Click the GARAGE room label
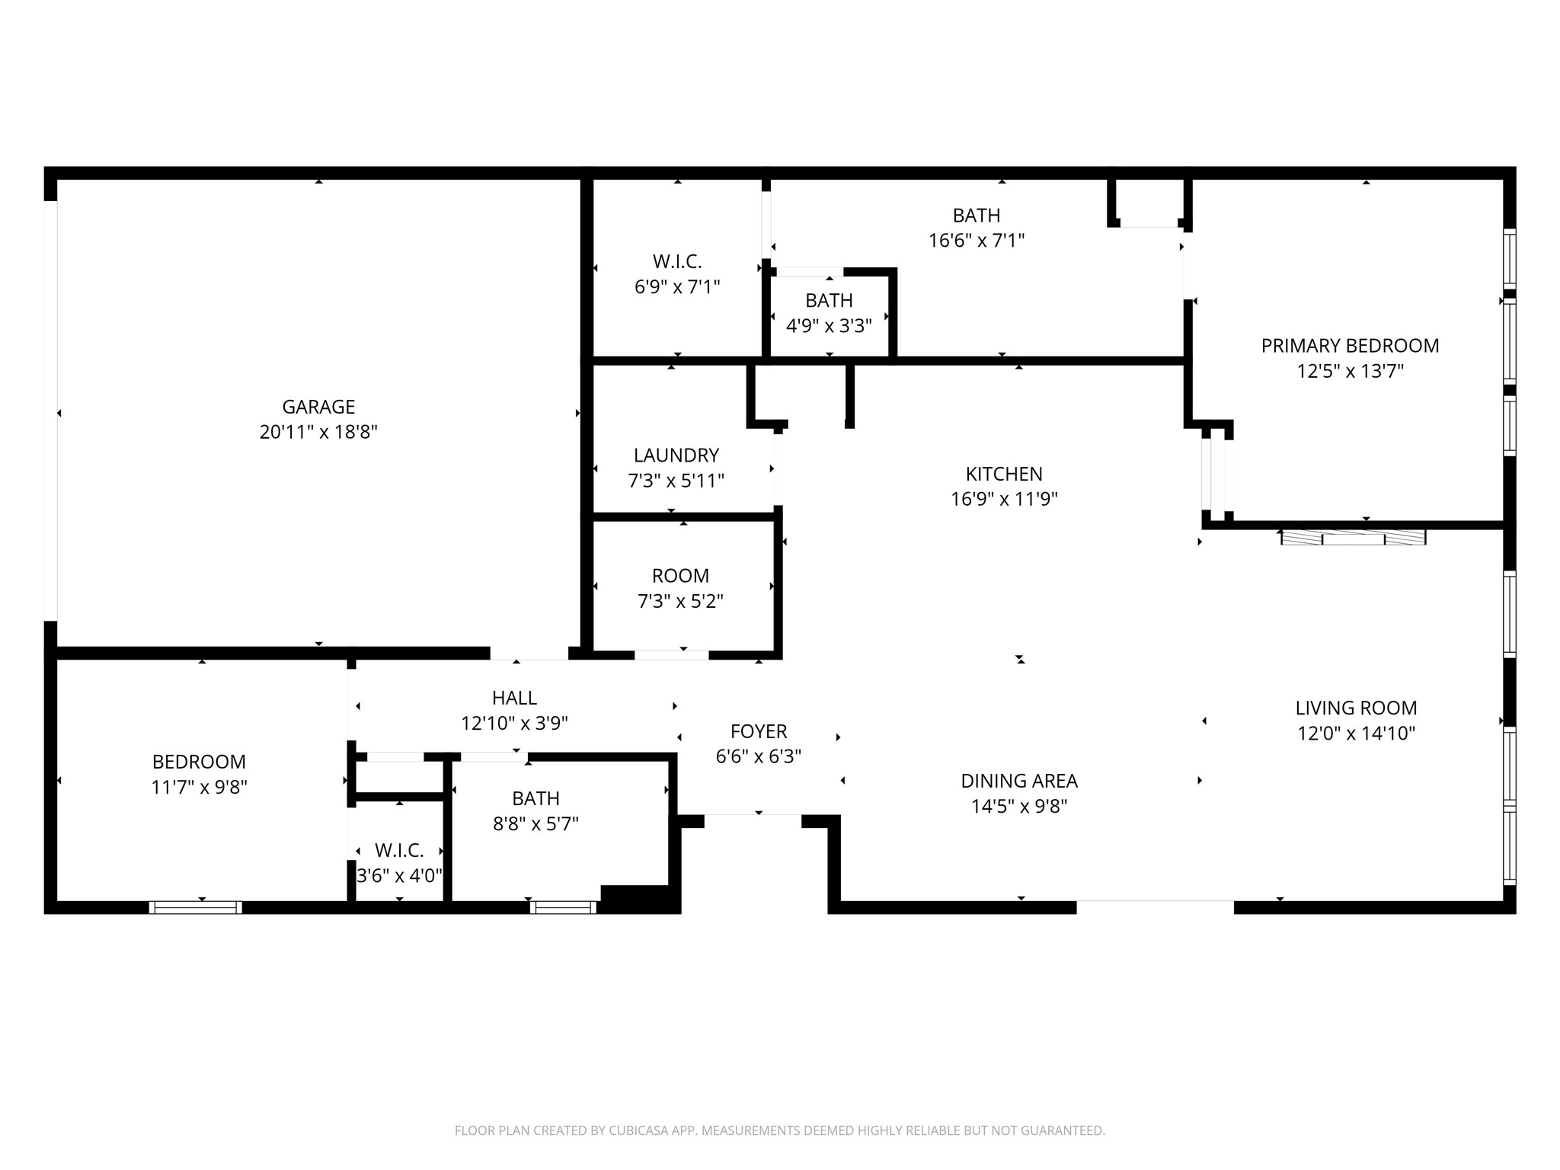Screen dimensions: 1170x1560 point(318,407)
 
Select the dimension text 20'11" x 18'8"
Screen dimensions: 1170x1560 point(318,432)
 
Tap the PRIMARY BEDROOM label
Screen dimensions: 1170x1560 point(1350,346)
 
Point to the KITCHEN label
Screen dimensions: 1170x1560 point(1004,474)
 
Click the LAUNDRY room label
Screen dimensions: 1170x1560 point(676,456)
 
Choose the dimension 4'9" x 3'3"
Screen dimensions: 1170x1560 point(829,326)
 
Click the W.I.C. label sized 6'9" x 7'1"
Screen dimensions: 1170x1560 point(676,262)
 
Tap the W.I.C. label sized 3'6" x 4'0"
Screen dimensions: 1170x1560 point(399,851)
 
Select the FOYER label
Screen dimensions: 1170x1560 point(758,731)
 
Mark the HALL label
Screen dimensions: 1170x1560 point(514,698)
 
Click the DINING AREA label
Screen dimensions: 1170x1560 point(1018,781)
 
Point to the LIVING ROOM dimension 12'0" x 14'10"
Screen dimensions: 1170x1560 point(1356,734)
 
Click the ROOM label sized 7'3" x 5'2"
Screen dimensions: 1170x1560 point(680,576)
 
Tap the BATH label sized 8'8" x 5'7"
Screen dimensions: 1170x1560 point(535,798)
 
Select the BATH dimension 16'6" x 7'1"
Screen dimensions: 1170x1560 point(976,241)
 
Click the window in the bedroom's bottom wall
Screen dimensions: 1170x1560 point(196,907)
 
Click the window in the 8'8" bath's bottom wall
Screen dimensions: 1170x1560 point(563,907)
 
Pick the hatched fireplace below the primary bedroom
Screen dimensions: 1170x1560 point(1353,538)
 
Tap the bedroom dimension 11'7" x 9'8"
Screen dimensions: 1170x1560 point(199,787)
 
